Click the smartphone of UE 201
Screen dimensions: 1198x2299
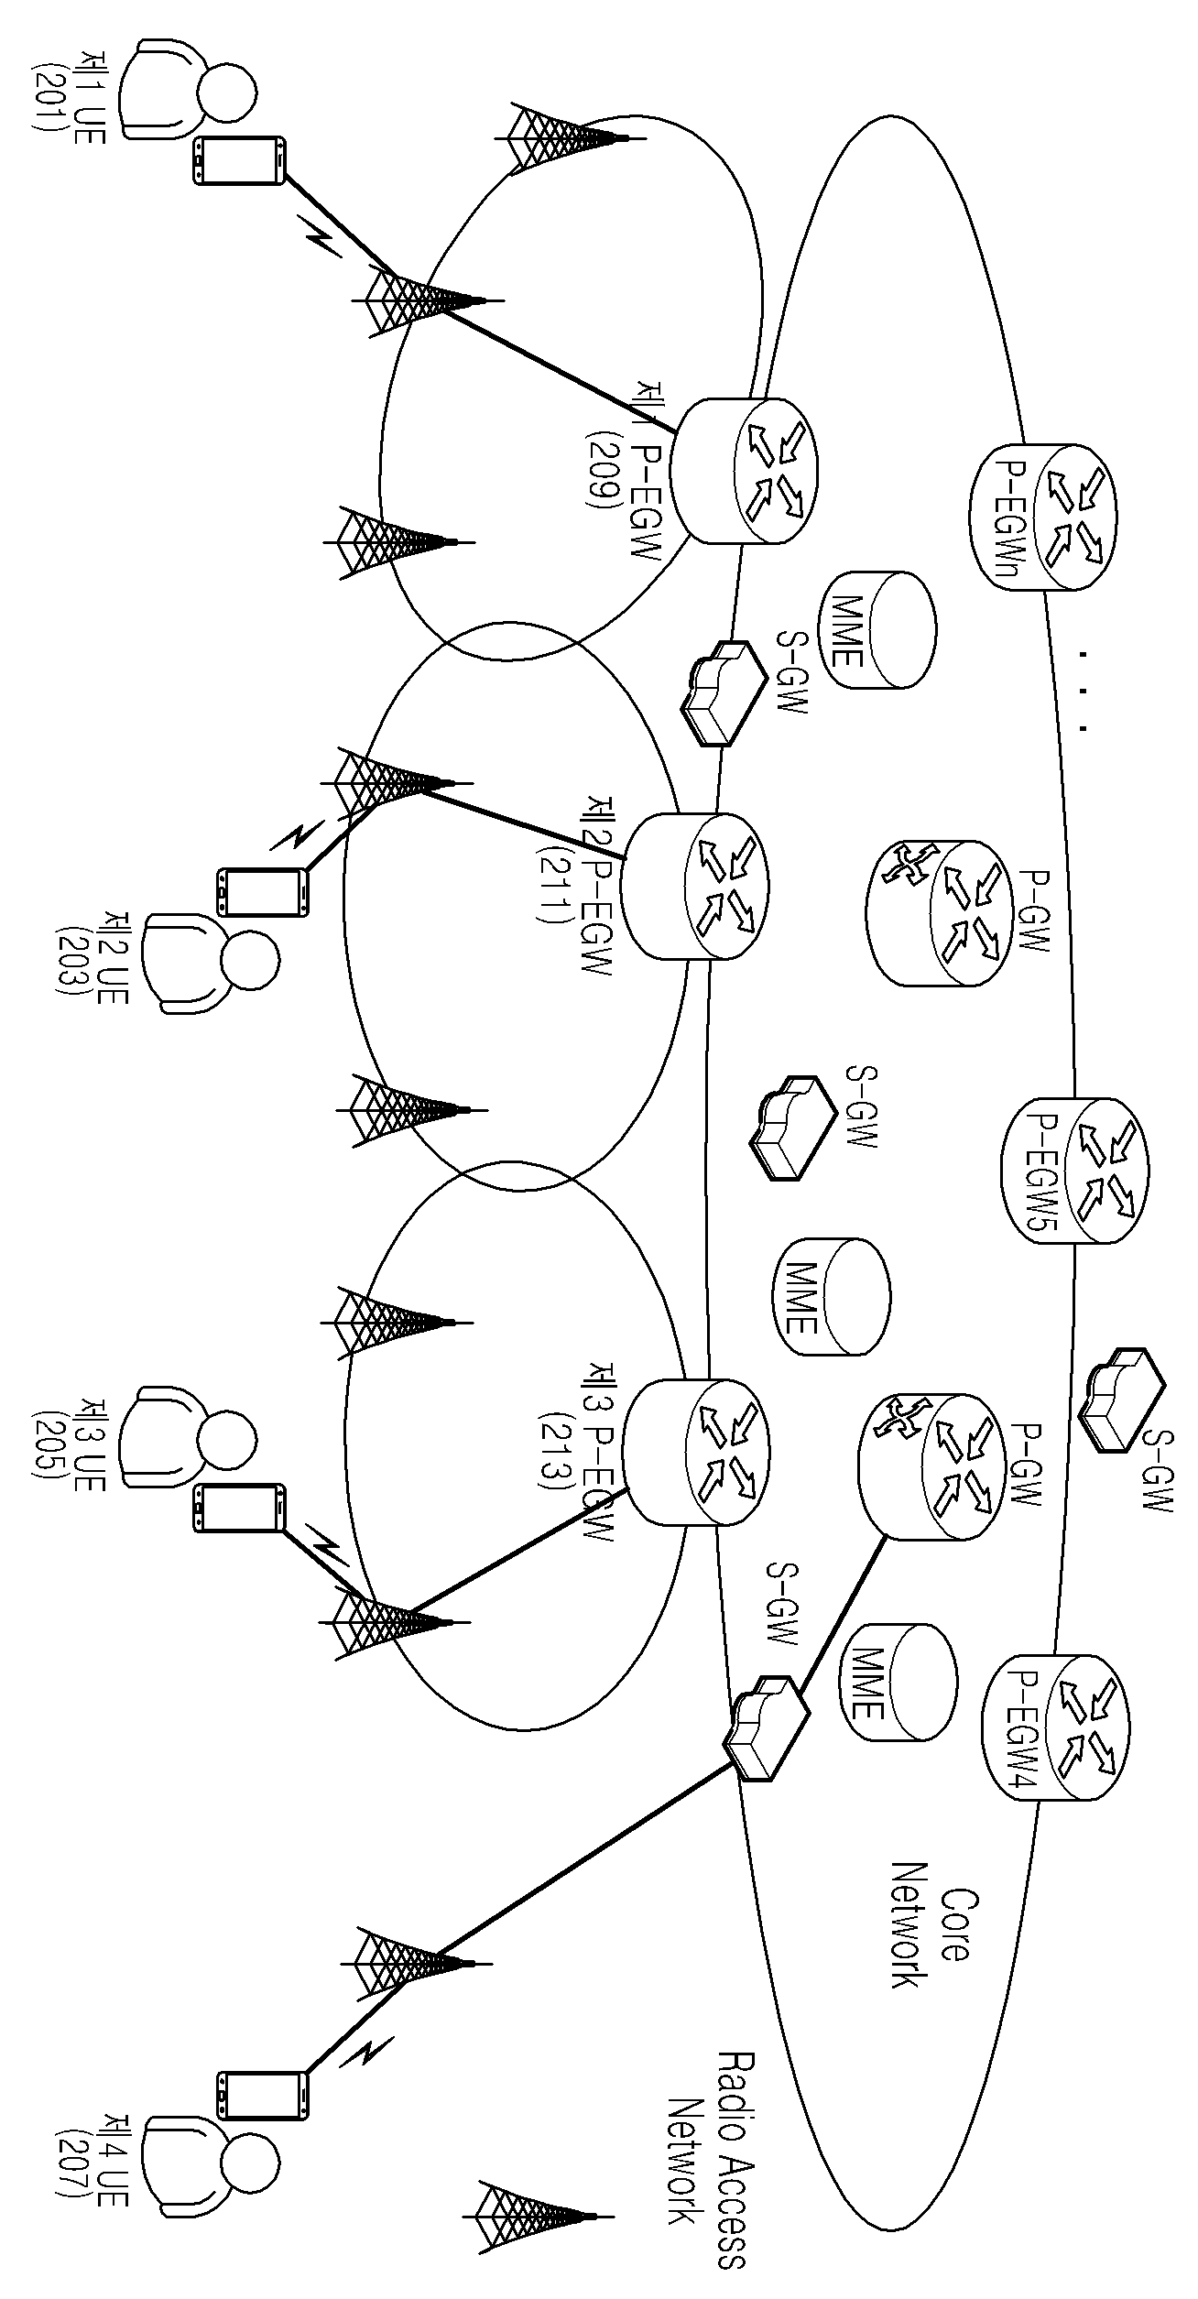coord(238,160)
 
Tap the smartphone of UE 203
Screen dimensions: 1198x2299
coord(262,891)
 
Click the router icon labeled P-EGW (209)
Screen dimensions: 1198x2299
coord(744,471)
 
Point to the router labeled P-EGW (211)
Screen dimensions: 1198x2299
coord(695,886)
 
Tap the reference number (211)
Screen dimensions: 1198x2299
coord(553,886)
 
